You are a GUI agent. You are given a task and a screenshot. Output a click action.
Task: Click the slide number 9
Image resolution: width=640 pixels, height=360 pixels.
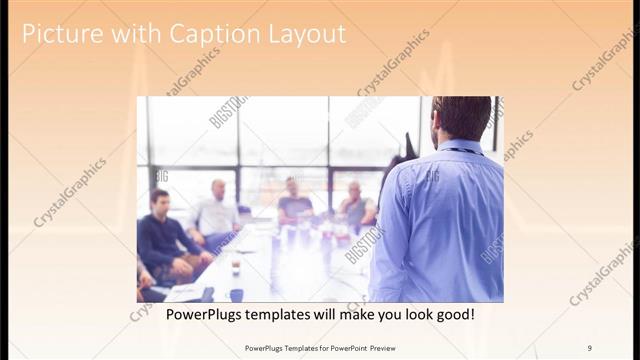click(590, 347)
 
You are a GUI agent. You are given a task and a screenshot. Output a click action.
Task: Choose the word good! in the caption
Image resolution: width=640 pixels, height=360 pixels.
click(452, 314)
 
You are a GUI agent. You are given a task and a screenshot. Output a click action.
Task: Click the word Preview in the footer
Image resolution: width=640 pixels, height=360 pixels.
click(376, 347)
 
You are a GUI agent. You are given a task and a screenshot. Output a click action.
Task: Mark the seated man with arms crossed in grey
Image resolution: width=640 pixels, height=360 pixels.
click(355, 207)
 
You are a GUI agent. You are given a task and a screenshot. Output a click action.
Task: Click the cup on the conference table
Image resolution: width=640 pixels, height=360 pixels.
click(235, 266)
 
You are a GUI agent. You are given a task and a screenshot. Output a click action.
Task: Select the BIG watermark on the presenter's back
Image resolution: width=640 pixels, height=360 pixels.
click(432, 177)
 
